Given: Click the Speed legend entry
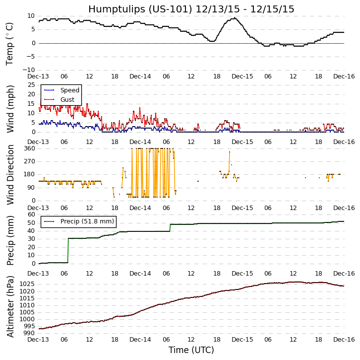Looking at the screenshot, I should [x=69, y=90].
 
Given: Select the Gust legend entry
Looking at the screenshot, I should [x=67, y=100].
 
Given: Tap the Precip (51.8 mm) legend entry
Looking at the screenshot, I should [x=87, y=221].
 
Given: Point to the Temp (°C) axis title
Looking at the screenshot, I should [x=9, y=43].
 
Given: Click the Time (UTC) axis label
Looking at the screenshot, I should [x=191, y=350].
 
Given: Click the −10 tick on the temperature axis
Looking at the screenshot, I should [x=29, y=70].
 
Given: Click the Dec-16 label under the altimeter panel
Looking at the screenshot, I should [x=345, y=339].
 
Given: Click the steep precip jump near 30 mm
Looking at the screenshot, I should [x=68, y=250].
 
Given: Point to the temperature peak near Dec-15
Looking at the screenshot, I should [x=234, y=18].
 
